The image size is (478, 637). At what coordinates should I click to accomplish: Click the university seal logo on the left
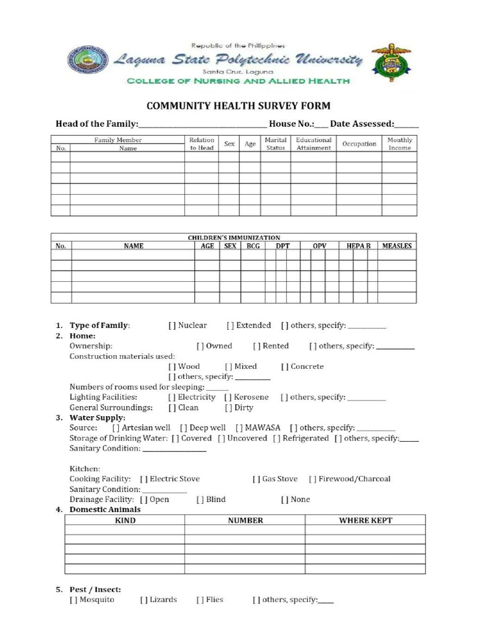pos(88,60)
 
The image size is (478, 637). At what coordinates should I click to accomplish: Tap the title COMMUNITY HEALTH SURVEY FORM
pos(238,106)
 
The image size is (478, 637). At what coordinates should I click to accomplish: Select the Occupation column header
pos(359,144)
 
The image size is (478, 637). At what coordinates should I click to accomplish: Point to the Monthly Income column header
pos(400,144)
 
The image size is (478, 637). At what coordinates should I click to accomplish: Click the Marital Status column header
pos(275,144)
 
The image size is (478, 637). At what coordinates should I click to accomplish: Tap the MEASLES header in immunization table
pos(396,246)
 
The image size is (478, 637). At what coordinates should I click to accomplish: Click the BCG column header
pos(253,246)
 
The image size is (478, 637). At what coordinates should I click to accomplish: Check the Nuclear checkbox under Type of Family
pos(172,325)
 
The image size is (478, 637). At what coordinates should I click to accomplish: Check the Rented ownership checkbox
pos(256,346)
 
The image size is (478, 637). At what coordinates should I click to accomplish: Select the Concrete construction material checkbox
pos(284,366)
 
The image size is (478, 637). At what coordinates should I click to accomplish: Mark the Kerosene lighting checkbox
pos(228,397)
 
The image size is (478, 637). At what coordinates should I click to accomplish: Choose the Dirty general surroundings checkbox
pos(228,407)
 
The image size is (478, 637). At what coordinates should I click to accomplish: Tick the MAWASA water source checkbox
pos(239,428)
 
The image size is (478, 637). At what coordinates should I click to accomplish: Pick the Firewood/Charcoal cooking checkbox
pos(312,479)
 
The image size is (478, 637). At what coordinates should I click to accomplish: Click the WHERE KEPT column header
pos(365,520)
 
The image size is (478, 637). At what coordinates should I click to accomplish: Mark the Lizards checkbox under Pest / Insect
pos(143,600)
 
